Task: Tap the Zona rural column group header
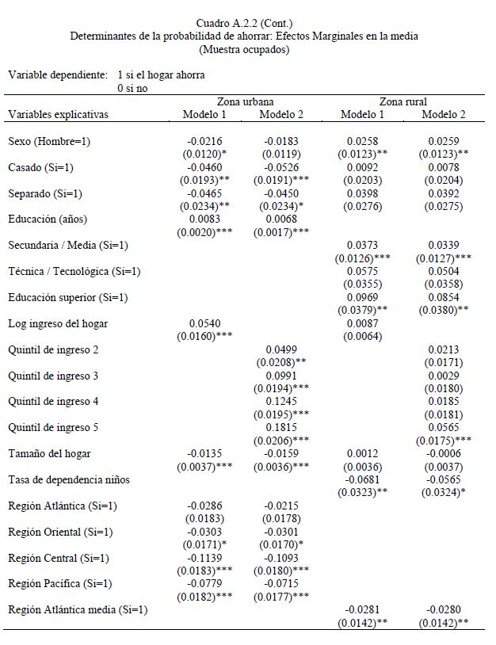click(403, 101)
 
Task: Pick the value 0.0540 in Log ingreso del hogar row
click(204, 323)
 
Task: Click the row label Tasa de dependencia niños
click(69, 479)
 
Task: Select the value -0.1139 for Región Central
click(204, 558)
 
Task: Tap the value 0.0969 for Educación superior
click(362, 297)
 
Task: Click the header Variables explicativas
click(58, 114)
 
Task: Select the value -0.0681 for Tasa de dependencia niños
click(362, 479)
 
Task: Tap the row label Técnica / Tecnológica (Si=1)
click(74, 271)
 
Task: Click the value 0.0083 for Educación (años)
click(204, 219)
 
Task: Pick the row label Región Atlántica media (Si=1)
click(78, 609)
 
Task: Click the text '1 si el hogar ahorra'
click(161, 75)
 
